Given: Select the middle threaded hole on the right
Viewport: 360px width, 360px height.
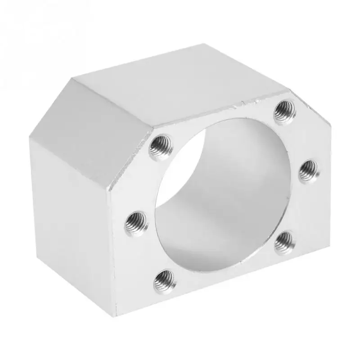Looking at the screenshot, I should coord(309,169).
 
